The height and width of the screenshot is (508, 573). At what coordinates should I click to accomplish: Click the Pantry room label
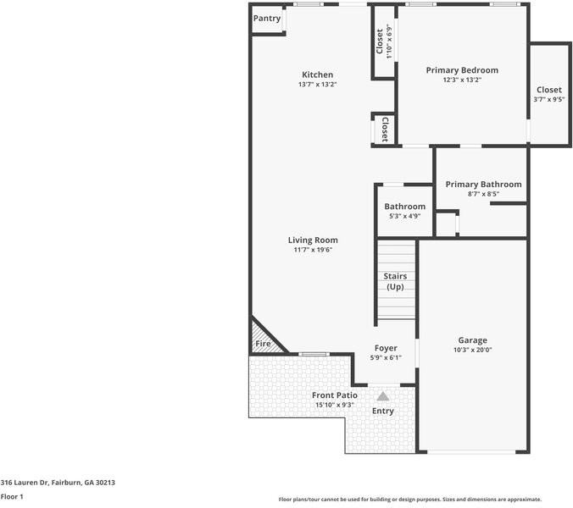click(267, 18)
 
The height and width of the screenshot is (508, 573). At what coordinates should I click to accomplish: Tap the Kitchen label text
click(317, 75)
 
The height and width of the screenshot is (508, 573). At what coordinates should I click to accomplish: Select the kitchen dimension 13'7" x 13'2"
click(317, 85)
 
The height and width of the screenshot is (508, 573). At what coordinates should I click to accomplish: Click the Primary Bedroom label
click(462, 70)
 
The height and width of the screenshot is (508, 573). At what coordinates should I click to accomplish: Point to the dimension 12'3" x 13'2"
click(462, 80)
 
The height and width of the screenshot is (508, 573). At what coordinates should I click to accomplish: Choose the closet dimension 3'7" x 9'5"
click(548, 100)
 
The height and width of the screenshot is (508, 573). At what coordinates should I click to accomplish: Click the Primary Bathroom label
click(483, 185)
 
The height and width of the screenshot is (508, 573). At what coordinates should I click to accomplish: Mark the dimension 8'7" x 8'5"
click(483, 195)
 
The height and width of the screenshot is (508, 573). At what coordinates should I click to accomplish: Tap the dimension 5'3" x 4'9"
click(404, 217)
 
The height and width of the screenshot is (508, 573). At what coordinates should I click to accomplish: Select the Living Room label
click(313, 240)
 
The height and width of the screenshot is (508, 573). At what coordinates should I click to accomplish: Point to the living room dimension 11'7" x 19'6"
click(313, 250)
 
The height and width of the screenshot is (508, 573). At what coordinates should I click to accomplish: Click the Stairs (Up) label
click(396, 282)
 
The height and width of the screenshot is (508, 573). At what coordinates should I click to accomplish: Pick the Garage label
click(473, 340)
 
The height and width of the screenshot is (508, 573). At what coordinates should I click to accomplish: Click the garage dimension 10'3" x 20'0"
click(473, 350)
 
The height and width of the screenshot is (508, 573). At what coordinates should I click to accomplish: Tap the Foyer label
click(387, 348)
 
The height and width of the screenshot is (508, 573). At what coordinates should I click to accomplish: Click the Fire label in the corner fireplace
click(263, 345)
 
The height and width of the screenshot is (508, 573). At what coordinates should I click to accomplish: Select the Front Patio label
click(334, 395)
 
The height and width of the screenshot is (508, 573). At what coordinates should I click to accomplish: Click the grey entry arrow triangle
click(383, 395)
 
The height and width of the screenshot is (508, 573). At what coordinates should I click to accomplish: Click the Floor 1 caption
click(12, 497)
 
